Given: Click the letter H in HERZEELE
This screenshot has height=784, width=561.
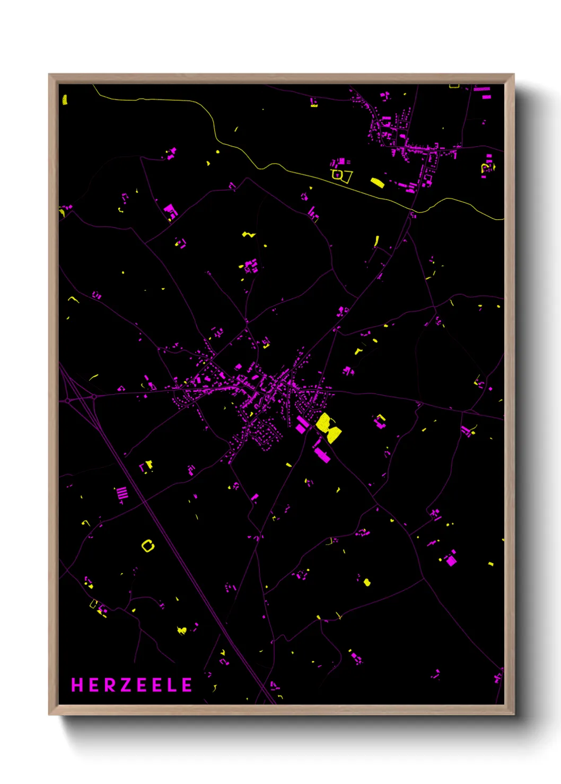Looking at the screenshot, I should (x=77, y=685).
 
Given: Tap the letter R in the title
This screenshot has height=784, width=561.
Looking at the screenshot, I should (x=109, y=685).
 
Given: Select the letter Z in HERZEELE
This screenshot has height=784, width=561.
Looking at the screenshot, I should (x=125, y=685).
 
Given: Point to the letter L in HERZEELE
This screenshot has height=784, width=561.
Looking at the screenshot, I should (x=172, y=685).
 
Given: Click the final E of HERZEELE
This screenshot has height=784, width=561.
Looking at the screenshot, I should (x=187, y=685).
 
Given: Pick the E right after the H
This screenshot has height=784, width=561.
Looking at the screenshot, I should (x=93, y=685).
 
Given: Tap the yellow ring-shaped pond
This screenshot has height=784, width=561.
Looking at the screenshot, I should (x=148, y=545).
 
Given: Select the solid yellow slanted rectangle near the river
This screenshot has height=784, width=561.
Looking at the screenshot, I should (x=376, y=183).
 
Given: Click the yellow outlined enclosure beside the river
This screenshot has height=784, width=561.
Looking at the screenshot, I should (x=341, y=175).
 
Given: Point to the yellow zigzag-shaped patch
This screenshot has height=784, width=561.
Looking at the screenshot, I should (x=248, y=234).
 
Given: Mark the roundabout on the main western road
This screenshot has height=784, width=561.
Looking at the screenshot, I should (x=94, y=396).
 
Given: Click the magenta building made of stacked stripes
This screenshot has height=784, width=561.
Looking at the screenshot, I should (x=122, y=494).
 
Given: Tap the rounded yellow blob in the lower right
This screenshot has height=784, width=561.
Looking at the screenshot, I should (x=366, y=583).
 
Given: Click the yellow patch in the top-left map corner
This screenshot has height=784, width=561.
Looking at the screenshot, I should (x=65, y=100).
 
